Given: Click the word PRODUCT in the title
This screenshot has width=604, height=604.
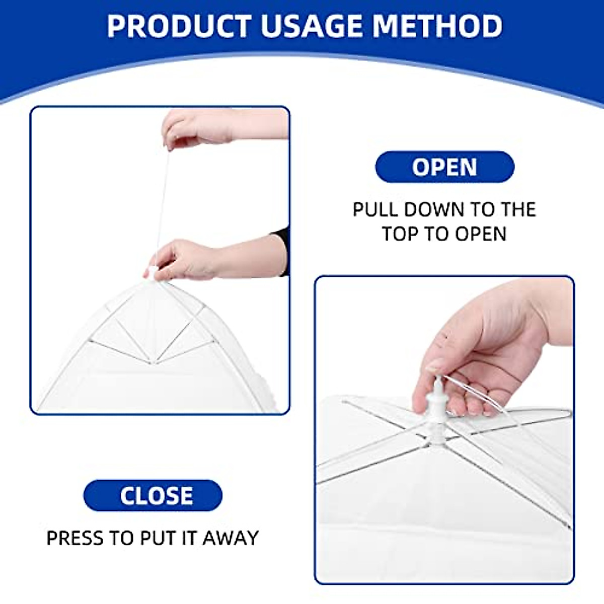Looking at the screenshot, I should pos(179,26).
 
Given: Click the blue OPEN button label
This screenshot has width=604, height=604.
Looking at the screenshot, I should pos(444,167).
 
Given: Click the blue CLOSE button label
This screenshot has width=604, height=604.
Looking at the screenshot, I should pos(156,496).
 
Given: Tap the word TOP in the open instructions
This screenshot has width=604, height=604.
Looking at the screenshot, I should pos(400,234).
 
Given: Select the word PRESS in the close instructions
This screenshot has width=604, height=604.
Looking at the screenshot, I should pos(76,538).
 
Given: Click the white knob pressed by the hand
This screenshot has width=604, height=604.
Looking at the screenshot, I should pos(434,398).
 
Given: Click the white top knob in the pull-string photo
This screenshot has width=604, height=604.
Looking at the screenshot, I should pos(153,273).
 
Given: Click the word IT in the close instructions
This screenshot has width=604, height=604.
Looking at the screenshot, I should pos(189,538).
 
